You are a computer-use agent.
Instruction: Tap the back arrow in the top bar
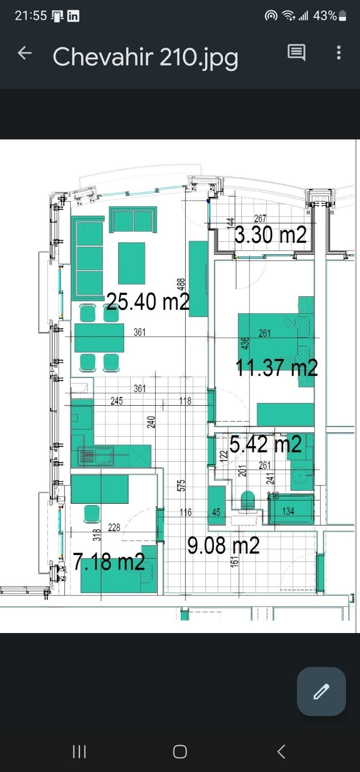[x=25, y=53]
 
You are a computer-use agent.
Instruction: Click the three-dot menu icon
[x=339, y=53]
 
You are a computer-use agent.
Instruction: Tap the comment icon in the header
[x=297, y=53]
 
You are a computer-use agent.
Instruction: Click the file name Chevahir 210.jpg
[x=145, y=57]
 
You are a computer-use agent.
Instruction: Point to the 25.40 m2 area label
[x=148, y=302]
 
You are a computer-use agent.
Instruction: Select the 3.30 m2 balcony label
[x=270, y=235]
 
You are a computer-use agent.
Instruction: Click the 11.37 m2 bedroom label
[x=277, y=367]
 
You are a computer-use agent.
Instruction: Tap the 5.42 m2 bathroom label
[x=265, y=444]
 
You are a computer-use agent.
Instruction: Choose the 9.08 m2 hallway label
[x=223, y=546]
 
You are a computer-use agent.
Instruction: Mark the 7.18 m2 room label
[x=109, y=562]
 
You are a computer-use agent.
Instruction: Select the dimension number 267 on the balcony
[x=260, y=219]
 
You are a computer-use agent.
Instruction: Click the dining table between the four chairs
[x=99, y=338]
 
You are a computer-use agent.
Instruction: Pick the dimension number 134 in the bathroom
[x=288, y=511]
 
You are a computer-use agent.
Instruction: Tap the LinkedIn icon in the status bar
[x=73, y=16]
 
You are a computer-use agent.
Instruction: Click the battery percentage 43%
[x=325, y=15]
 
